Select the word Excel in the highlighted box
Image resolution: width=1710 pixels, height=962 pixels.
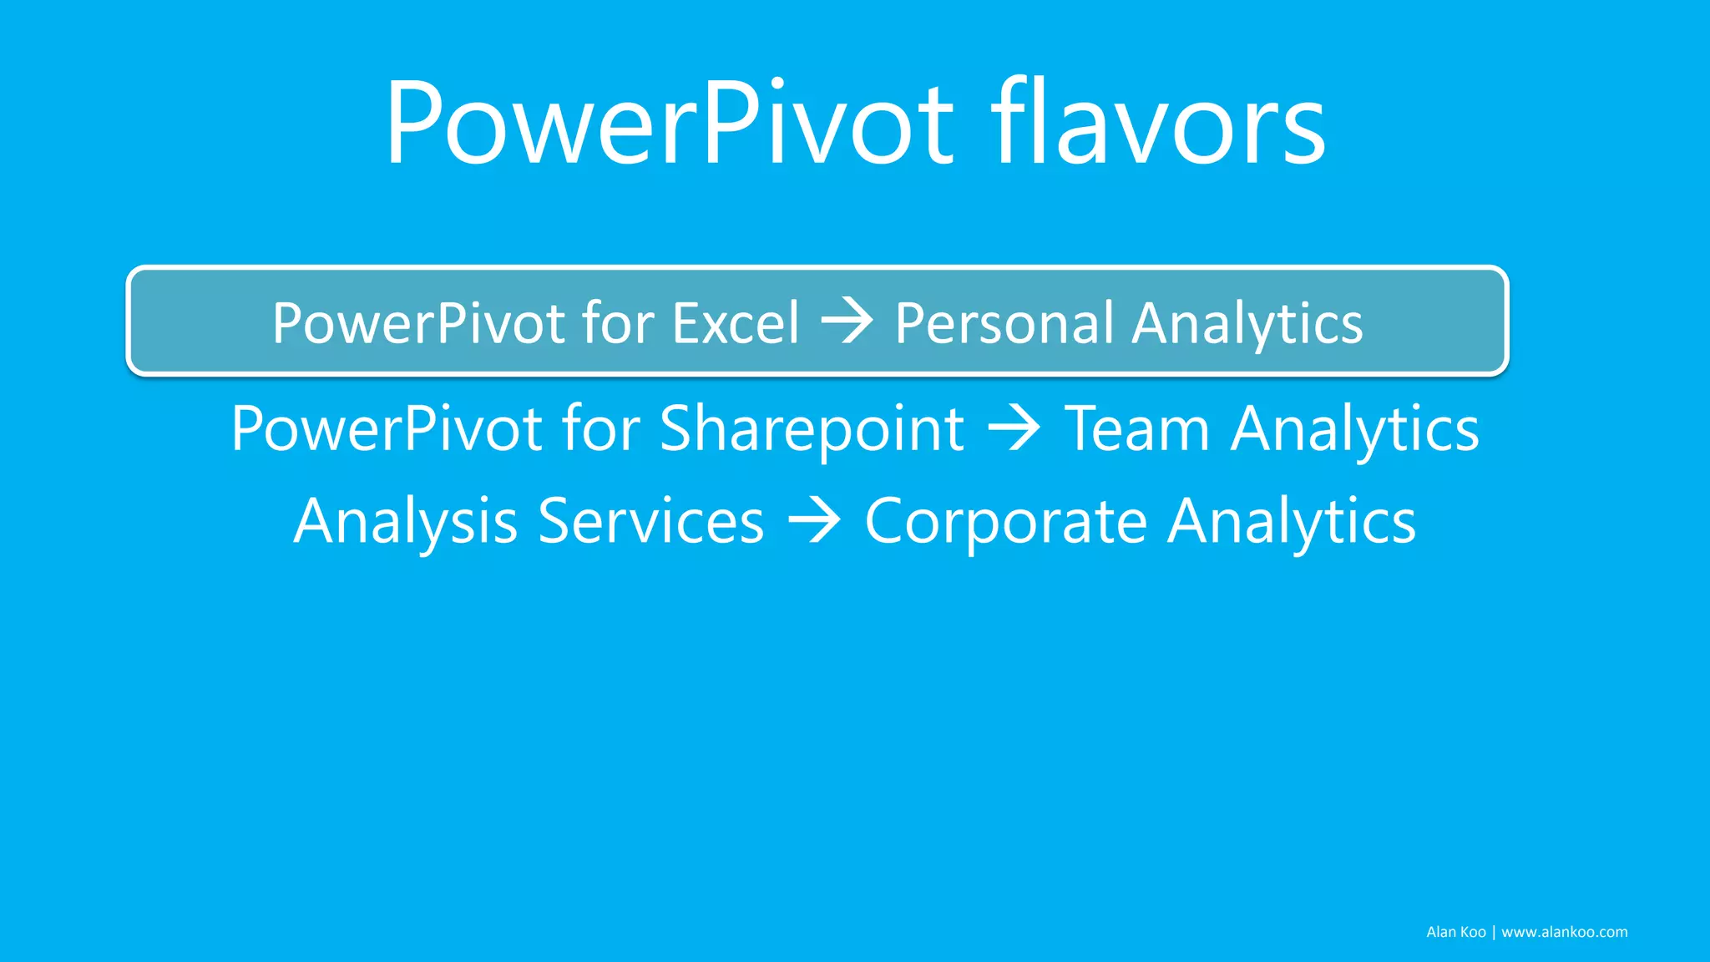tap(736, 323)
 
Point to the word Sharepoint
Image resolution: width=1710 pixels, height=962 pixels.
tap(812, 429)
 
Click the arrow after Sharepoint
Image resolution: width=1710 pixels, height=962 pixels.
tap(1014, 428)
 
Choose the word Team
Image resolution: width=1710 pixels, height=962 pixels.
tap(1136, 429)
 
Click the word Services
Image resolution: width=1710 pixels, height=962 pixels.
tap(650, 521)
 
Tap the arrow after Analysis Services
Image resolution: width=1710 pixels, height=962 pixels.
tap(814, 520)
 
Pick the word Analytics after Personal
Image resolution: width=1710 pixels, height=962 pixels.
tap(1247, 324)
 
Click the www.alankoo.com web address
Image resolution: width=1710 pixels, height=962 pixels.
tap(1564, 932)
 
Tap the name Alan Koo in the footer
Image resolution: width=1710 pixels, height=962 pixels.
tap(1455, 932)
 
